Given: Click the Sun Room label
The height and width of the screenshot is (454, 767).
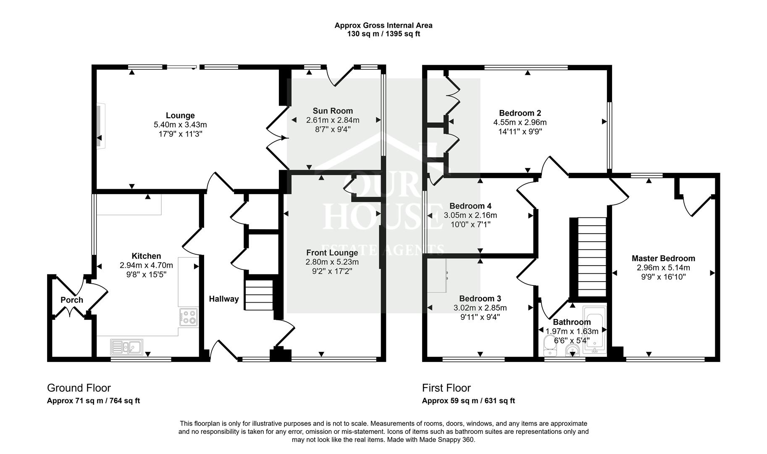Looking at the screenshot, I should pyautogui.click(x=333, y=111).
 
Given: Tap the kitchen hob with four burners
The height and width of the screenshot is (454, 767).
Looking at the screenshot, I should pyautogui.click(x=188, y=317).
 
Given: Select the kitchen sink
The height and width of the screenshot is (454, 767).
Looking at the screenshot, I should pyautogui.click(x=126, y=347).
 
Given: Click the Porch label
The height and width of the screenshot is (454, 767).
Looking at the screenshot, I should pyautogui.click(x=72, y=300).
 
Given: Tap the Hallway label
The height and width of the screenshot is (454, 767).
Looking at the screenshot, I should pyautogui.click(x=224, y=299).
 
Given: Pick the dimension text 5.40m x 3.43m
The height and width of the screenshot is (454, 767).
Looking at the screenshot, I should pyautogui.click(x=180, y=125).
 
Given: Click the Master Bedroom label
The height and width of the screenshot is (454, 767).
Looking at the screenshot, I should pyautogui.click(x=663, y=259).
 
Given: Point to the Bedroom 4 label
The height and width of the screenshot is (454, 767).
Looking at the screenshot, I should pyautogui.click(x=470, y=206).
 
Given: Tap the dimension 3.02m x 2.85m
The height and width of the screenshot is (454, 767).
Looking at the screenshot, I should pyautogui.click(x=480, y=308).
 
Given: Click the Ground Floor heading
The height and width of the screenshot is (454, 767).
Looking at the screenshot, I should pyautogui.click(x=79, y=388).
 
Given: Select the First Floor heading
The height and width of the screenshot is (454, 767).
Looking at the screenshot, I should pyautogui.click(x=447, y=388).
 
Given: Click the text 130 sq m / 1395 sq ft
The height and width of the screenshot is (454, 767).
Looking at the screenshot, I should pyautogui.click(x=383, y=34).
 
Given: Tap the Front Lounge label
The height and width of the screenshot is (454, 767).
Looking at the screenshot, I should pyautogui.click(x=332, y=253).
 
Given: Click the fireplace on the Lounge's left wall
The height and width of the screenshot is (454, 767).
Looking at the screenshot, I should pyautogui.click(x=99, y=126).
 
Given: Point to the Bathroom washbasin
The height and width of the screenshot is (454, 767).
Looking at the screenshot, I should pyautogui.click(x=572, y=350).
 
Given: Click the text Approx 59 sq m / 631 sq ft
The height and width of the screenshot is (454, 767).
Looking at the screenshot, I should pyautogui.click(x=468, y=401).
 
